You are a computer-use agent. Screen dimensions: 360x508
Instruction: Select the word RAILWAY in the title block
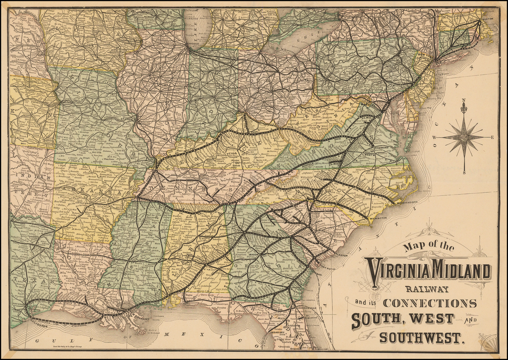tap(427, 289)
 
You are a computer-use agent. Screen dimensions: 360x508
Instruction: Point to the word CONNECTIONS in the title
tap(430, 303)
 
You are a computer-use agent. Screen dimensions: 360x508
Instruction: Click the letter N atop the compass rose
tap(463, 103)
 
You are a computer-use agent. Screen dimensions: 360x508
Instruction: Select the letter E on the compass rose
tap(492, 137)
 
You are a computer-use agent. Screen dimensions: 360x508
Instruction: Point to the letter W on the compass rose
tap(435, 137)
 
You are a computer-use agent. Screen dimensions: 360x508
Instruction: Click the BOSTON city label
tap(489, 19)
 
